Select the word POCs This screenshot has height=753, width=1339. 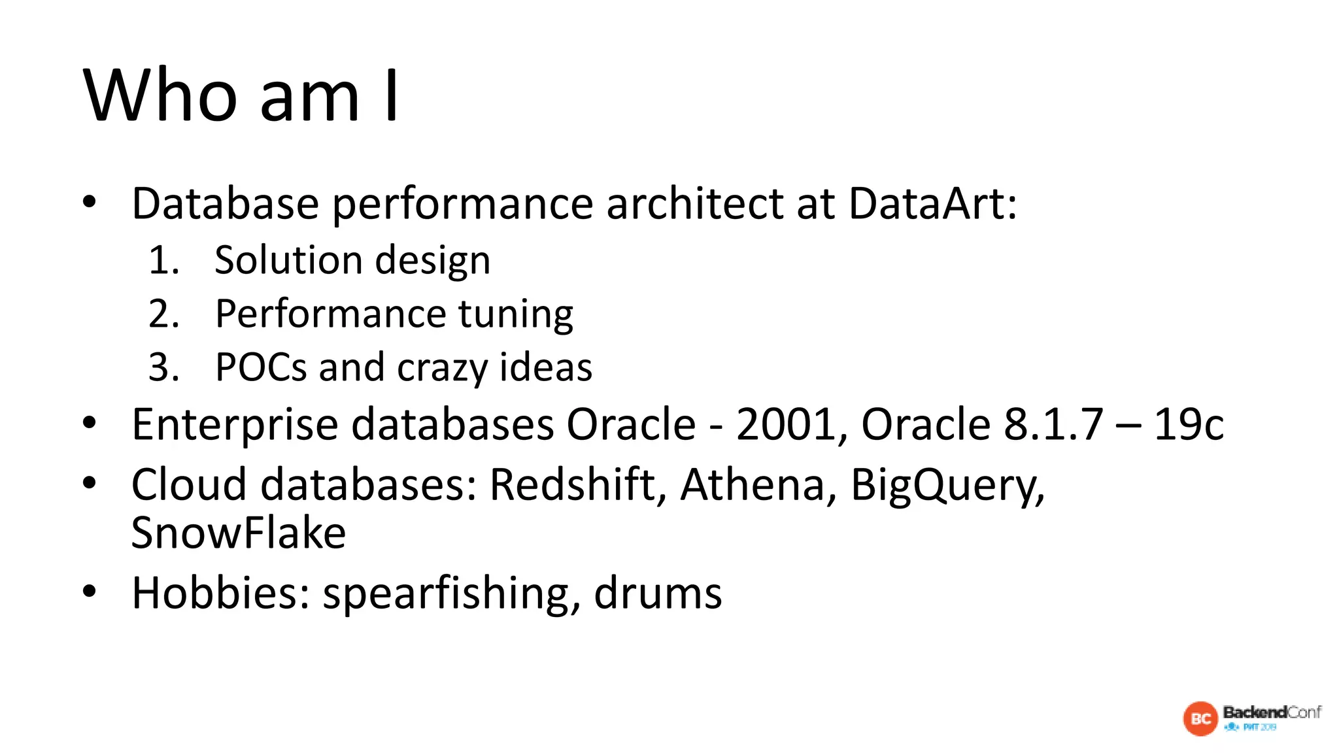[x=261, y=367]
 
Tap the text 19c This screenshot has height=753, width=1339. [x=1188, y=425]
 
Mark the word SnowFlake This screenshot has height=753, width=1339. [x=239, y=533]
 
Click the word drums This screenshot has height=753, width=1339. [x=658, y=594]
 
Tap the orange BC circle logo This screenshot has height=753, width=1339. [x=1200, y=718]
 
